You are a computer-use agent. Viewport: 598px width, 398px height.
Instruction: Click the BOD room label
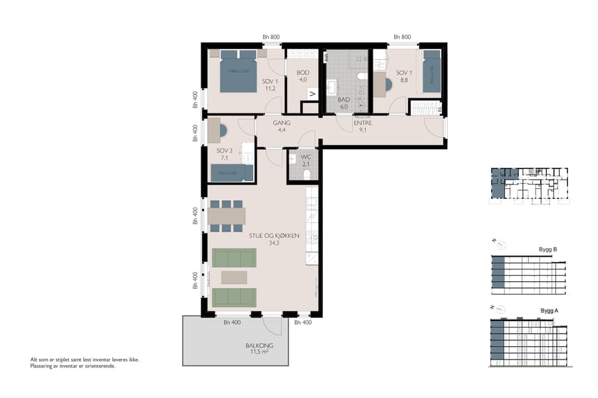pyautogui.click(x=302, y=72)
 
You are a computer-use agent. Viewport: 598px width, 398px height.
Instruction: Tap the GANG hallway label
pyautogui.click(x=282, y=123)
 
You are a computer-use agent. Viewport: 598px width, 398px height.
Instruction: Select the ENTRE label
pyautogui.click(x=362, y=123)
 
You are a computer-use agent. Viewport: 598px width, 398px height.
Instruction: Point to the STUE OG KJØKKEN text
pyautogui.click(x=274, y=235)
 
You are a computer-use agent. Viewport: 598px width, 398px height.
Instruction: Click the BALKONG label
pyautogui.click(x=259, y=346)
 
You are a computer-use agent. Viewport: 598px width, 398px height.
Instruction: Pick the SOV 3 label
pyautogui.click(x=224, y=151)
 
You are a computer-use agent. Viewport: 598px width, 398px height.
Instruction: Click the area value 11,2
pyautogui.click(x=270, y=88)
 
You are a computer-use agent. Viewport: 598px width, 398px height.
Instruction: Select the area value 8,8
pyautogui.click(x=403, y=80)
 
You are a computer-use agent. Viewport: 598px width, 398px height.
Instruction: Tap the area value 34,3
pyautogui.click(x=274, y=243)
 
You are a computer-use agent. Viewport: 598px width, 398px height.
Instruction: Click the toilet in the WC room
pyautogui.click(x=306, y=174)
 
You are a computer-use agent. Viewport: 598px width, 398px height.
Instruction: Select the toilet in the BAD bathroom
pyautogui.click(x=361, y=77)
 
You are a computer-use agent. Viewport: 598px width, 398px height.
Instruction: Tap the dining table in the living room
pyautogui.click(x=227, y=216)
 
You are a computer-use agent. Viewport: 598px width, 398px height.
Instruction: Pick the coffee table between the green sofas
pyautogui.click(x=233, y=277)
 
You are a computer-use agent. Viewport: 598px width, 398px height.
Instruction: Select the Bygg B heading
pyautogui.click(x=548, y=249)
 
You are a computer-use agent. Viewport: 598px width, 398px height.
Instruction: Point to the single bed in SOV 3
pyautogui.click(x=231, y=173)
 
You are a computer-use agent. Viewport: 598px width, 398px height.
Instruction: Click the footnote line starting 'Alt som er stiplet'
pyautogui.click(x=84, y=360)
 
